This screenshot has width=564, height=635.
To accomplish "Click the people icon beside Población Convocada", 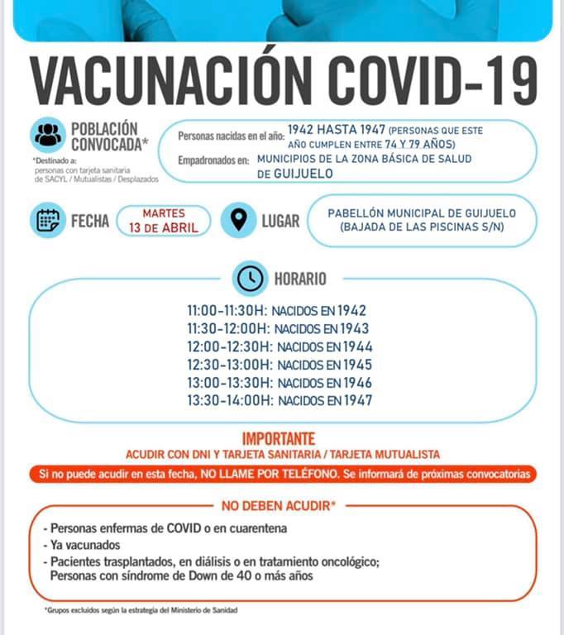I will click(x=49, y=134).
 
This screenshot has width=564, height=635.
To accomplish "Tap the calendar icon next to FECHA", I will click(x=47, y=221).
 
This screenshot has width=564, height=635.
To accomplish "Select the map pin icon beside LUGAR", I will click(x=239, y=221).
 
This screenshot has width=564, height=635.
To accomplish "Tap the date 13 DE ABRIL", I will click(x=164, y=228).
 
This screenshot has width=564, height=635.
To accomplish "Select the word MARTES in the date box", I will click(x=164, y=213).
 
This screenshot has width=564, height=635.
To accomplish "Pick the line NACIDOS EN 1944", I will click(x=324, y=347).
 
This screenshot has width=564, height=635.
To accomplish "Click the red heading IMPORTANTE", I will click(x=279, y=439).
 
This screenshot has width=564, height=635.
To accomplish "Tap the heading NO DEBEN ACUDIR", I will click(x=277, y=505).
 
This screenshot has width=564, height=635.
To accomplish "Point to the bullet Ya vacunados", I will click(x=84, y=545).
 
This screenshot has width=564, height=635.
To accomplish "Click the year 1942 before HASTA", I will click(x=304, y=130).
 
